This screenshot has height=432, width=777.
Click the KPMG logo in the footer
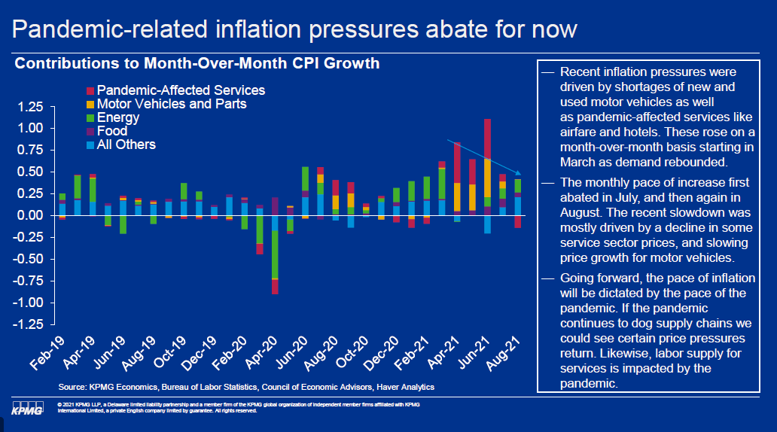(27, 407)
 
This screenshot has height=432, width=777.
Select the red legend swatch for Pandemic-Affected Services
(90, 90)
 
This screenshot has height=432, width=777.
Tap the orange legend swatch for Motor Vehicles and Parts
(90, 105)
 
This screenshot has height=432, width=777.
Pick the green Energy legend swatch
(90, 118)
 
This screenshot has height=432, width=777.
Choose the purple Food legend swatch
(90, 132)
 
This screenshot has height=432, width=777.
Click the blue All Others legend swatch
(90, 145)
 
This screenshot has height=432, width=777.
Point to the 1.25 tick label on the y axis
(30, 107)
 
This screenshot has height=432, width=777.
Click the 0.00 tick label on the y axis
(30, 215)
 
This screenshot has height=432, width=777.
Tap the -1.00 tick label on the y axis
(28, 303)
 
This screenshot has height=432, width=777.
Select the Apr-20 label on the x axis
(261, 352)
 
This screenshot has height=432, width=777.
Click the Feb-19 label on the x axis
(47, 352)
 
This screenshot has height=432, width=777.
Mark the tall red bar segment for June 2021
(488, 138)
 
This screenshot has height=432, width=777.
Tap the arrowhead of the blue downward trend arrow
(517, 173)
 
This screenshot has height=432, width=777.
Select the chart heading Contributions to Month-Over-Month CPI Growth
(197, 63)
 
